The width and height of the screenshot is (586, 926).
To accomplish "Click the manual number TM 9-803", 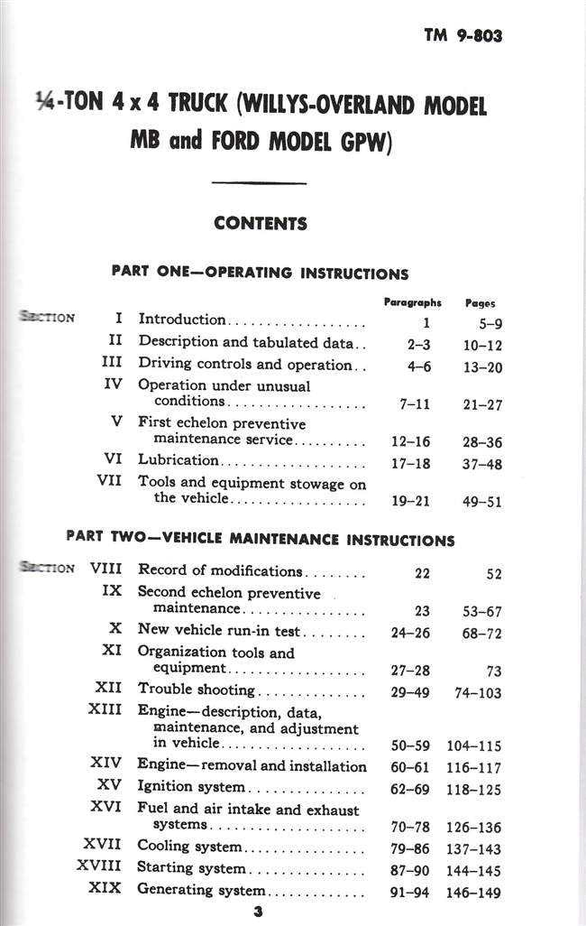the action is coord(463,37).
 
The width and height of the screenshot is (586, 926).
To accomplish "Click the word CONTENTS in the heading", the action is coord(261,224).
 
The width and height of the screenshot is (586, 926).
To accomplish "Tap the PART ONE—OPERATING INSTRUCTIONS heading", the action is coord(260,273).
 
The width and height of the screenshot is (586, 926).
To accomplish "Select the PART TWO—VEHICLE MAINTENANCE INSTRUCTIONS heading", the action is coord(261,540).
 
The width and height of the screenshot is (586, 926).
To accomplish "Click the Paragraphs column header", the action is coord(412,303).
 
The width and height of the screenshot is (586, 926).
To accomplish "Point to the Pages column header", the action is coord(481,304).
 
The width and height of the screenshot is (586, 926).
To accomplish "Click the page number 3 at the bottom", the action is coord(258,912).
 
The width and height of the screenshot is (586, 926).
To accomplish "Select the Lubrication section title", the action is coord(178,459).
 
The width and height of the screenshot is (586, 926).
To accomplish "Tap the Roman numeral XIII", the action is coord(105,709).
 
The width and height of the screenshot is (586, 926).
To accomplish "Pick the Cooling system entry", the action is coord(189,847).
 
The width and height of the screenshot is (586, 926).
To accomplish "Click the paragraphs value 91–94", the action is coord(410,892).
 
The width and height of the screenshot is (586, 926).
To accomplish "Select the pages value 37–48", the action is coord(482,464).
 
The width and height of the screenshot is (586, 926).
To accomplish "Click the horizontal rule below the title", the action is coord(258,184).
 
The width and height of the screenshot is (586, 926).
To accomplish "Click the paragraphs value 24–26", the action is coord(410,633).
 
